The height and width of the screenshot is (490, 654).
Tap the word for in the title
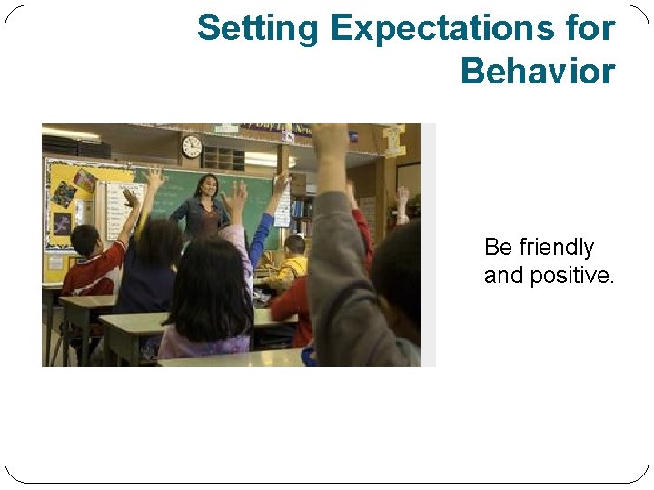tap(589, 29)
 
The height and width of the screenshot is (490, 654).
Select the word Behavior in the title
tap(538, 71)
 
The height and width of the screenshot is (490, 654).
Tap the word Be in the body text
tap(499, 247)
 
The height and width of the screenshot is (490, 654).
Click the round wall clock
tap(192, 146)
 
